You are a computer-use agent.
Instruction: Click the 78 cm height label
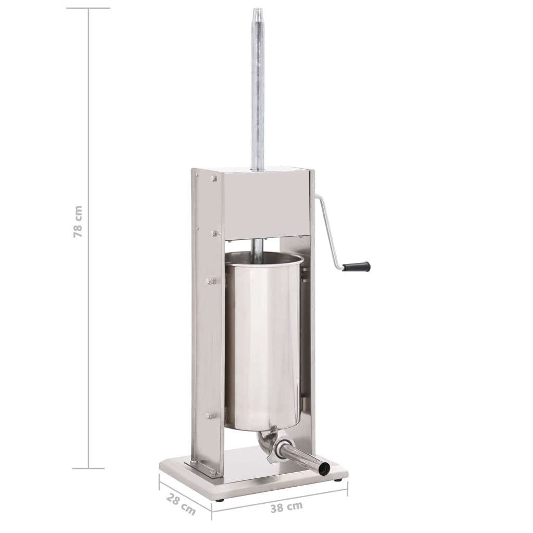point(78,222)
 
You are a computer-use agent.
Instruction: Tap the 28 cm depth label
point(181,504)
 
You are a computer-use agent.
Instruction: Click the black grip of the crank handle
point(356,266)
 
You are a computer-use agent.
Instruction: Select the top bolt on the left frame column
point(214,178)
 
